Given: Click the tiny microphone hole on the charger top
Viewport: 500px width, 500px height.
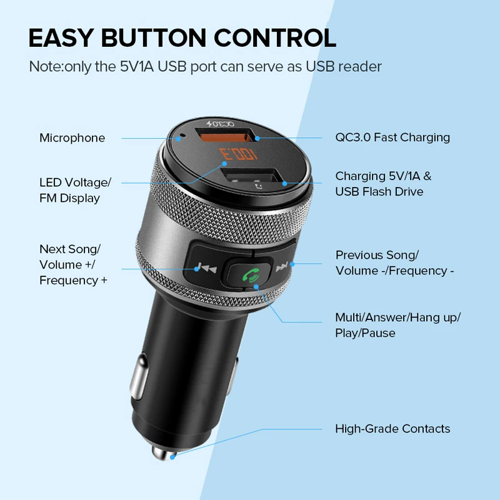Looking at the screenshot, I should coord(181,136).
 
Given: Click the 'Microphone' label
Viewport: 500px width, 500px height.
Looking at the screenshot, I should coord(72,137).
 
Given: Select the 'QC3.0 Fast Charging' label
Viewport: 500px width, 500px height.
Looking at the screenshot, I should coord(392,137).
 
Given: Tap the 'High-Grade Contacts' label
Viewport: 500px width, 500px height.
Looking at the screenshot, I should coord(392,429).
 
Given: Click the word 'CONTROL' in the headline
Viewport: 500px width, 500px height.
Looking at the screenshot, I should coord(281,38).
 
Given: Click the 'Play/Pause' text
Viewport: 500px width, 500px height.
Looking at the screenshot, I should coord(365,333).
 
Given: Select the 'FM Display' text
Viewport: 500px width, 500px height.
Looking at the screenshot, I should coord(69,198).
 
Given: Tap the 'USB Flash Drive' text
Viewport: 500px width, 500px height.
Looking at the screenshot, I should coord(379,191).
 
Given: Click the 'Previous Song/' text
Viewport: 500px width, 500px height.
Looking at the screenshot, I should coord(377,255).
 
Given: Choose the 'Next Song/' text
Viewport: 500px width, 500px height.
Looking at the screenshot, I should coord(69,249).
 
